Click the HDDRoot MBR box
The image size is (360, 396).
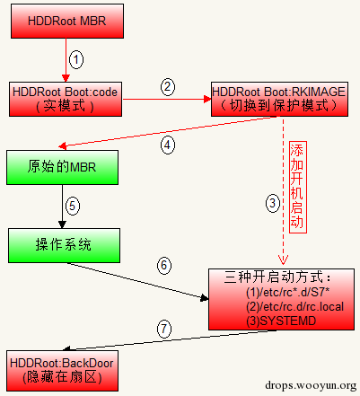[x=67, y=21]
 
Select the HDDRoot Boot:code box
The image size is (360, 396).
[x=66, y=99]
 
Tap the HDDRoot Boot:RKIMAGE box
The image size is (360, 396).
[x=279, y=99]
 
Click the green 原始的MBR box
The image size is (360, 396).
[x=62, y=167]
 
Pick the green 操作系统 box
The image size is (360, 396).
[x=64, y=245]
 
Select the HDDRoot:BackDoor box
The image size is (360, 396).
[x=62, y=371]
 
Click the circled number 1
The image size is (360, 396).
[x=76, y=59]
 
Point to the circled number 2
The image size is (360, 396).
[x=168, y=87]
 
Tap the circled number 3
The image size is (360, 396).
[x=273, y=204]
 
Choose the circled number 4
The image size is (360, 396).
[x=168, y=145]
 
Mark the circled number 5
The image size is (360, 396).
[x=73, y=206]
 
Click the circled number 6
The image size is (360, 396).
[x=164, y=265]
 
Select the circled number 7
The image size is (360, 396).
[x=164, y=329]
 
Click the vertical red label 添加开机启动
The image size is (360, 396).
[x=298, y=187]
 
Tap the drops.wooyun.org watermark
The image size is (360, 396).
[x=311, y=385]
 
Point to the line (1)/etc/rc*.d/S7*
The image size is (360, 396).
[x=288, y=292]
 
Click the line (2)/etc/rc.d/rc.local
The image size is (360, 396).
[x=294, y=306]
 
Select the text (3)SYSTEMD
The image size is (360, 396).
[x=281, y=321]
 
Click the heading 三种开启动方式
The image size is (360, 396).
[x=277, y=277]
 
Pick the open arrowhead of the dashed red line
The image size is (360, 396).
[x=283, y=260]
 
